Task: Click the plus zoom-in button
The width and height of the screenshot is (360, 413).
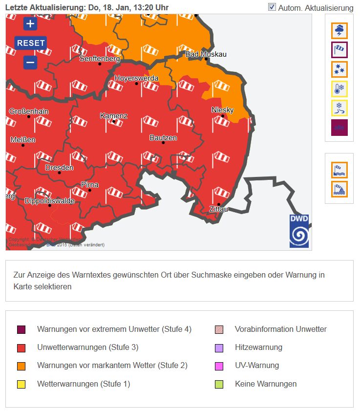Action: click(x=30, y=23)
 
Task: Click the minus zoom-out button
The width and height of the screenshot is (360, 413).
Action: click(x=30, y=63)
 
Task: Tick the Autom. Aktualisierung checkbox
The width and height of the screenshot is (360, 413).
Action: click(x=272, y=7)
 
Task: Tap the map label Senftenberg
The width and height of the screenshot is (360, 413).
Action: click(x=100, y=59)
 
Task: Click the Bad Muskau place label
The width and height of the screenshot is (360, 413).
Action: click(x=206, y=54)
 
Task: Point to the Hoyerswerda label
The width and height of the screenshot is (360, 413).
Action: click(x=136, y=78)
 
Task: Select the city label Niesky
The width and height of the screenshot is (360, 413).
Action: click(x=222, y=110)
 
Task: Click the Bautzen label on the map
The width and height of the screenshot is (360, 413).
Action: click(x=163, y=138)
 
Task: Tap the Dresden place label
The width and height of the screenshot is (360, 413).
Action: click(x=59, y=168)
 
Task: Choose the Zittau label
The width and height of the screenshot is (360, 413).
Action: click(x=218, y=209)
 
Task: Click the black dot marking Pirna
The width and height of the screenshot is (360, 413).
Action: click(x=89, y=190)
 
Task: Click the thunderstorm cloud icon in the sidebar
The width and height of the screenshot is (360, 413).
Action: click(x=339, y=31)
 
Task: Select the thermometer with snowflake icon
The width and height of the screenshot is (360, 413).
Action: click(x=339, y=88)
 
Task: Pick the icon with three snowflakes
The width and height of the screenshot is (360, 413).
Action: click(x=339, y=69)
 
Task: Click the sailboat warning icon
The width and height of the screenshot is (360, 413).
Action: click(x=339, y=189)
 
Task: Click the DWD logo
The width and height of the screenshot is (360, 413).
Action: click(x=299, y=231)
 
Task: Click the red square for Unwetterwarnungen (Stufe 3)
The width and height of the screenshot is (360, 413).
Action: click(x=21, y=348)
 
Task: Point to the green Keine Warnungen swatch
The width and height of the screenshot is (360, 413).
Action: click(x=219, y=384)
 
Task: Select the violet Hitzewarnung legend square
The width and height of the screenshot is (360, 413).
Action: click(x=219, y=348)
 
